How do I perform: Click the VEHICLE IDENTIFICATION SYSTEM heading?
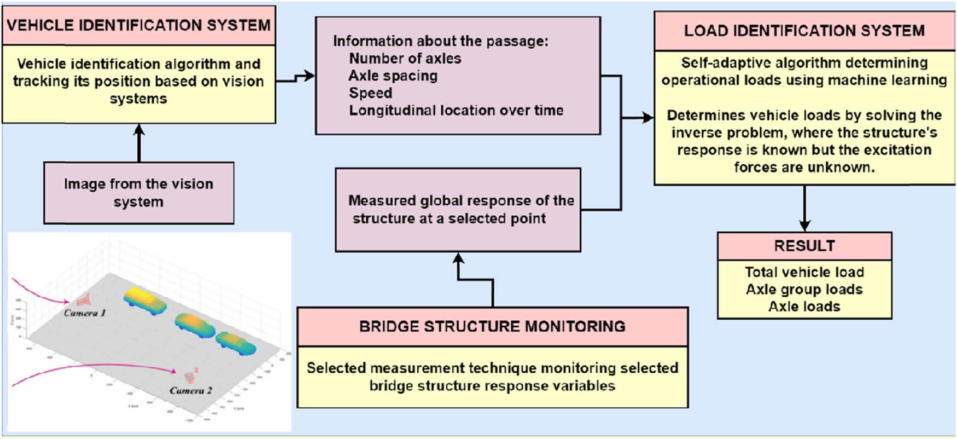point(138,25)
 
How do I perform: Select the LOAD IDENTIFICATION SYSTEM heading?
point(804,31)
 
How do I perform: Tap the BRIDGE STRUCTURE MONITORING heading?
point(492,326)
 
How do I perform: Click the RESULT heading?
point(804,246)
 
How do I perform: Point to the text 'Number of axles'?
point(405,59)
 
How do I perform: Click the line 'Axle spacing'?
point(393,76)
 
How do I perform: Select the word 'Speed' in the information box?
point(370,93)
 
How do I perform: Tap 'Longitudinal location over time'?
point(456,111)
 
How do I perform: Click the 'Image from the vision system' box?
point(138,193)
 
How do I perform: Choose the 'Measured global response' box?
point(458,210)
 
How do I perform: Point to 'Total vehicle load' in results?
point(804,272)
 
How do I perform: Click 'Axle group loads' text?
point(804,290)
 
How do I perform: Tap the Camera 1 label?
point(84,313)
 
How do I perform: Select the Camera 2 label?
point(190,391)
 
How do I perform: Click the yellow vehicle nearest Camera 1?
point(145,301)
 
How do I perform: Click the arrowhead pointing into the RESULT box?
point(804,226)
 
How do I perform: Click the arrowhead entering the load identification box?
point(649,117)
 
